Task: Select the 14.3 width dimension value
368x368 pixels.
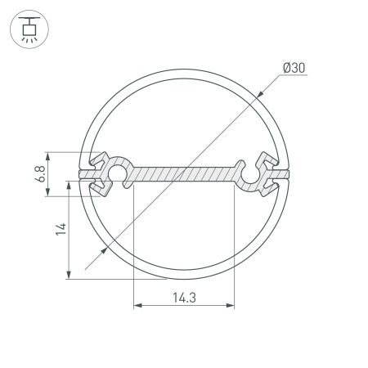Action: coord(182,297)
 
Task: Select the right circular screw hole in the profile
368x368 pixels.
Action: coord(249,173)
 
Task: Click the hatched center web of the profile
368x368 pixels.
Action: coord(183,174)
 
